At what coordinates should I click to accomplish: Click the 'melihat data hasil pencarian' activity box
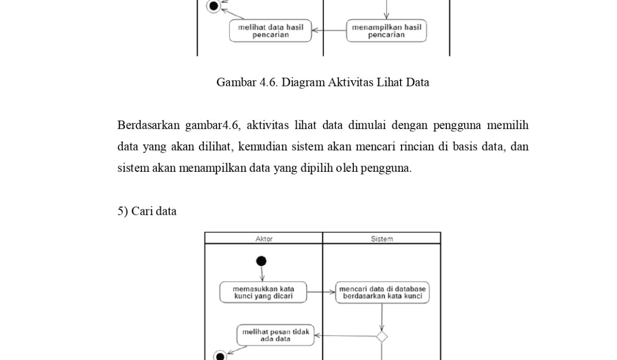(x=270, y=31)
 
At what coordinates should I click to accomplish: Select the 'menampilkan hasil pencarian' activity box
(x=386, y=31)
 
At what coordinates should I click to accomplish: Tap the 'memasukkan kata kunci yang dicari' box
(x=263, y=292)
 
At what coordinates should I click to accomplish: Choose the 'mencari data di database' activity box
(x=382, y=292)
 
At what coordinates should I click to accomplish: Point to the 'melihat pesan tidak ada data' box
(x=276, y=335)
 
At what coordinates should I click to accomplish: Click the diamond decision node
(x=382, y=336)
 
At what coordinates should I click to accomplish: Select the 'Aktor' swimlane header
(x=264, y=239)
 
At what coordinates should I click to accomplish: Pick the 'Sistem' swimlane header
(x=382, y=239)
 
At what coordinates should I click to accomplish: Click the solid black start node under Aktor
(x=261, y=261)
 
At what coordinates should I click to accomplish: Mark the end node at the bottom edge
(x=221, y=356)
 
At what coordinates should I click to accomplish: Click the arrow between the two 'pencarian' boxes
(x=329, y=31)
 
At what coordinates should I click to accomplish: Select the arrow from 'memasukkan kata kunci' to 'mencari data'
(x=321, y=292)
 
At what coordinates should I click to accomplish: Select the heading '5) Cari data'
(x=147, y=211)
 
